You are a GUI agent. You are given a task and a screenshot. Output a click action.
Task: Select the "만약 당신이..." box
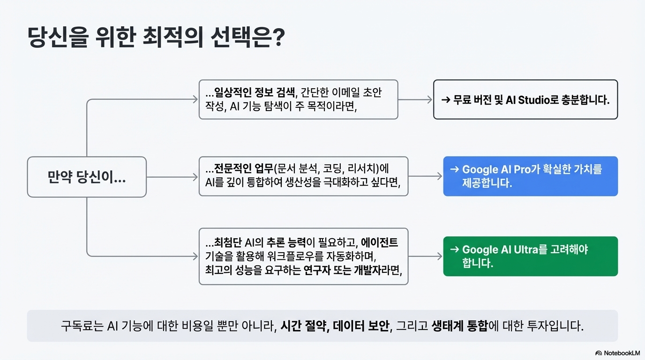(x=87, y=177)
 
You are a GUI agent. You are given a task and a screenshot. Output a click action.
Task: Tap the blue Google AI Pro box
(x=530, y=176)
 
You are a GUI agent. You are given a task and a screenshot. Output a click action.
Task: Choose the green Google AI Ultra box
(x=530, y=256)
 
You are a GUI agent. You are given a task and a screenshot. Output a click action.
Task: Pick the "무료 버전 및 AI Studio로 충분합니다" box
(x=525, y=99)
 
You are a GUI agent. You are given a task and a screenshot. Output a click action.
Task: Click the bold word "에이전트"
(x=379, y=242)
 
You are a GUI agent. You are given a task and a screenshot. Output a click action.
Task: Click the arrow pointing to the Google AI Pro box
(x=425, y=176)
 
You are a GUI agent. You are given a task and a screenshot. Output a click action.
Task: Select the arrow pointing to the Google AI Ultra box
(x=425, y=256)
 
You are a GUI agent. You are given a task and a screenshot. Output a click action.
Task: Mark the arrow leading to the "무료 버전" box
(x=415, y=99)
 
